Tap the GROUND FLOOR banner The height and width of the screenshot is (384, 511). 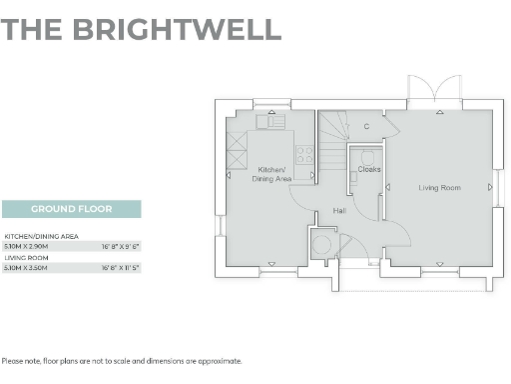pyautogui.click(x=71, y=209)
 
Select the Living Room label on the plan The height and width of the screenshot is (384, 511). pyautogui.click(x=438, y=187)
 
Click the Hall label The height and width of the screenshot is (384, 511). pyautogui.click(x=339, y=211)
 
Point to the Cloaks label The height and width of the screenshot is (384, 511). pyautogui.click(x=369, y=169)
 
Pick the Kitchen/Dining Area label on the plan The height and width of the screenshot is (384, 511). pyautogui.click(x=271, y=174)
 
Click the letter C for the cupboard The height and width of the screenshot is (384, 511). pyautogui.click(x=366, y=127)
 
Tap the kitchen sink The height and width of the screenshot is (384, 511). pyautogui.click(x=270, y=121)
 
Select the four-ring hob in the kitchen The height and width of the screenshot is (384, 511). pyautogui.click(x=304, y=155)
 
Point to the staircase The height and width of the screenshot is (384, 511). pyautogui.click(x=333, y=131)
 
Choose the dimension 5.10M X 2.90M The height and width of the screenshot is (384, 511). pyautogui.click(x=27, y=245)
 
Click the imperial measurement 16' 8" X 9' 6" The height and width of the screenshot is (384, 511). pyautogui.click(x=120, y=245)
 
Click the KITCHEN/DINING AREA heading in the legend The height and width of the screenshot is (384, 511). pyautogui.click(x=42, y=236)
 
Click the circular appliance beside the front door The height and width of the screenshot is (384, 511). pyautogui.click(x=322, y=243)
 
